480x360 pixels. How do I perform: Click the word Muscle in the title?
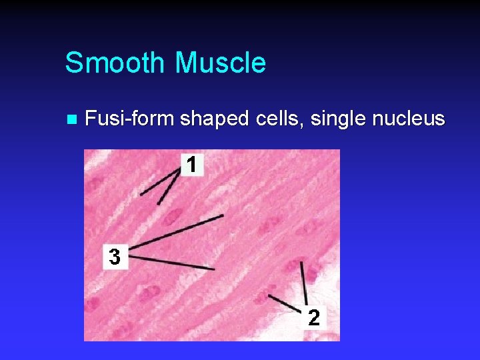tap(220, 63)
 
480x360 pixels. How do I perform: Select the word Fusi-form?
tap(130, 119)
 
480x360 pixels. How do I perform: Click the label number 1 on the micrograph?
tap(191, 165)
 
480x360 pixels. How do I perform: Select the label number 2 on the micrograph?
tap(314, 318)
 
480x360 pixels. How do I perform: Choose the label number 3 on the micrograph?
tap(115, 257)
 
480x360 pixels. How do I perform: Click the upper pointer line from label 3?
tap(177, 233)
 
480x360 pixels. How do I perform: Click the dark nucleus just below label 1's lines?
tap(175, 215)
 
